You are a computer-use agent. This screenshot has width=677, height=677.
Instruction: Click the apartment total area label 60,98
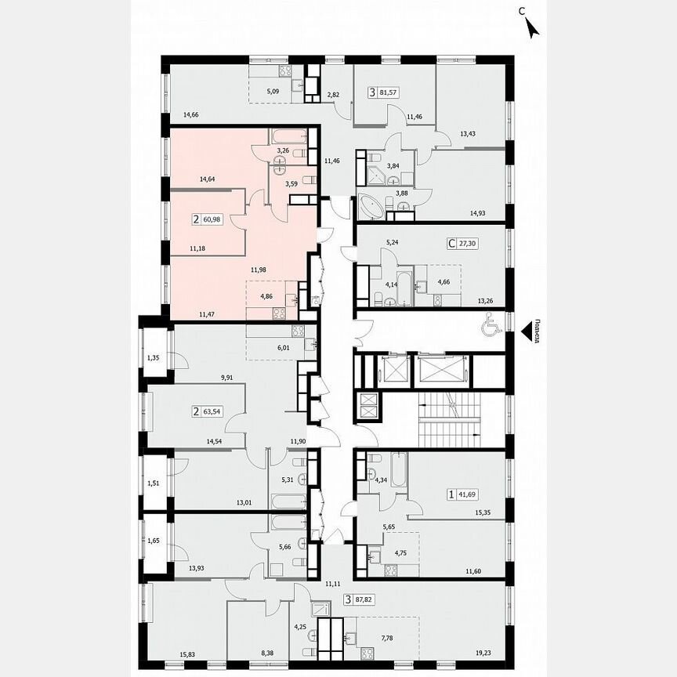212,220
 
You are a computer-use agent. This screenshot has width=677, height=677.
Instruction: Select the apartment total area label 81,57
387,92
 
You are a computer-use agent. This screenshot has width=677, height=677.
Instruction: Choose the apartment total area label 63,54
212,410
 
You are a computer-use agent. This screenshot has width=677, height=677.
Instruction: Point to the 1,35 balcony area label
154,359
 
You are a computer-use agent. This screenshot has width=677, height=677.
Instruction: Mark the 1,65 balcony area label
154,541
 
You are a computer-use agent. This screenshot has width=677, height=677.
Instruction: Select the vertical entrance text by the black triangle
535,330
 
